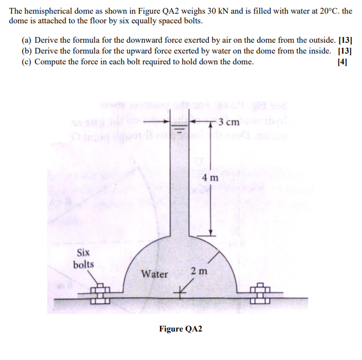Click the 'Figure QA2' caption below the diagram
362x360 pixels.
pos(181,329)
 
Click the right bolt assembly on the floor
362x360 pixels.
pos(261,293)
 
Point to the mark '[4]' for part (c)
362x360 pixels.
pos(342,62)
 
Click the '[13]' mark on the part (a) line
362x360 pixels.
pos(345,40)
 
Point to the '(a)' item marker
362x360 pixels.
pos(26,40)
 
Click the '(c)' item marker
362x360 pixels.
pos(26,62)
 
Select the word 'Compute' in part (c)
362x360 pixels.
pos(51,62)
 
